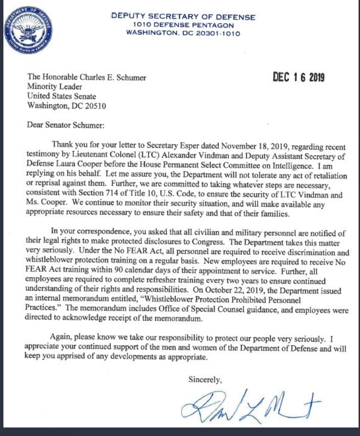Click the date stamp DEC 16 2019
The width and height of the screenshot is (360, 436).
[x=298, y=77]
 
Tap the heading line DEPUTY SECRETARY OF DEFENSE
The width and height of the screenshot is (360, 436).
[x=183, y=16]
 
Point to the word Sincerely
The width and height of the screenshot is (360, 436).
[x=205, y=380]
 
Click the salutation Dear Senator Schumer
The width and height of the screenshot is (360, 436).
[x=65, y=125]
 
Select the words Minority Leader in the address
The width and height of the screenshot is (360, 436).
[x=55, y=87]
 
